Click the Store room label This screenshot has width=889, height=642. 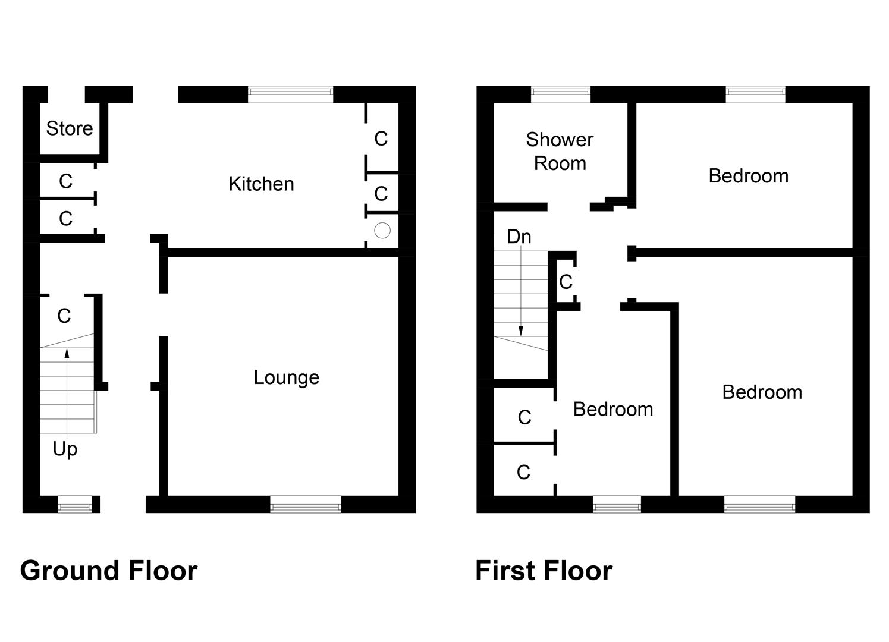pyautogui.click(x=70, y=128)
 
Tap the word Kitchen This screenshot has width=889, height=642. pyautogui.click(x=261, y=184)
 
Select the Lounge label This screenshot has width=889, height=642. pyautogui.click(x=286, y=377)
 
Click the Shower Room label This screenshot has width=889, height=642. pyautogui.click(x=560, y=152)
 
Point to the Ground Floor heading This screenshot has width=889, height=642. pyautogui.click(x=109, y=571)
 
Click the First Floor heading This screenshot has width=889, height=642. pyautogui.click(x=544, y=571)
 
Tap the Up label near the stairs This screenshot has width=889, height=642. pyautogui.click(x=65, y=449)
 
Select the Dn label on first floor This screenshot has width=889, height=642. pyautogui.click(x=519, y=237)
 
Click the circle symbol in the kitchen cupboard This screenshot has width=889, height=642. pyautogui.click(x=382, y=230)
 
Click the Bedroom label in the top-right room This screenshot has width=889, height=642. pyautogui.click(x=748, y=176)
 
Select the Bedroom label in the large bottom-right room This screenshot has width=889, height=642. pyautogui.click(x=762, y=392)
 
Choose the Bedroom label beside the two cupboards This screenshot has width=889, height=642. pyautogui.click(x=612, y=410)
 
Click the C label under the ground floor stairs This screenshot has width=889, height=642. pyautogui.click(x=64, y=316)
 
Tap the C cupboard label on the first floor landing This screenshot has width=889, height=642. pyautogui.click(x=566, y=281)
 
